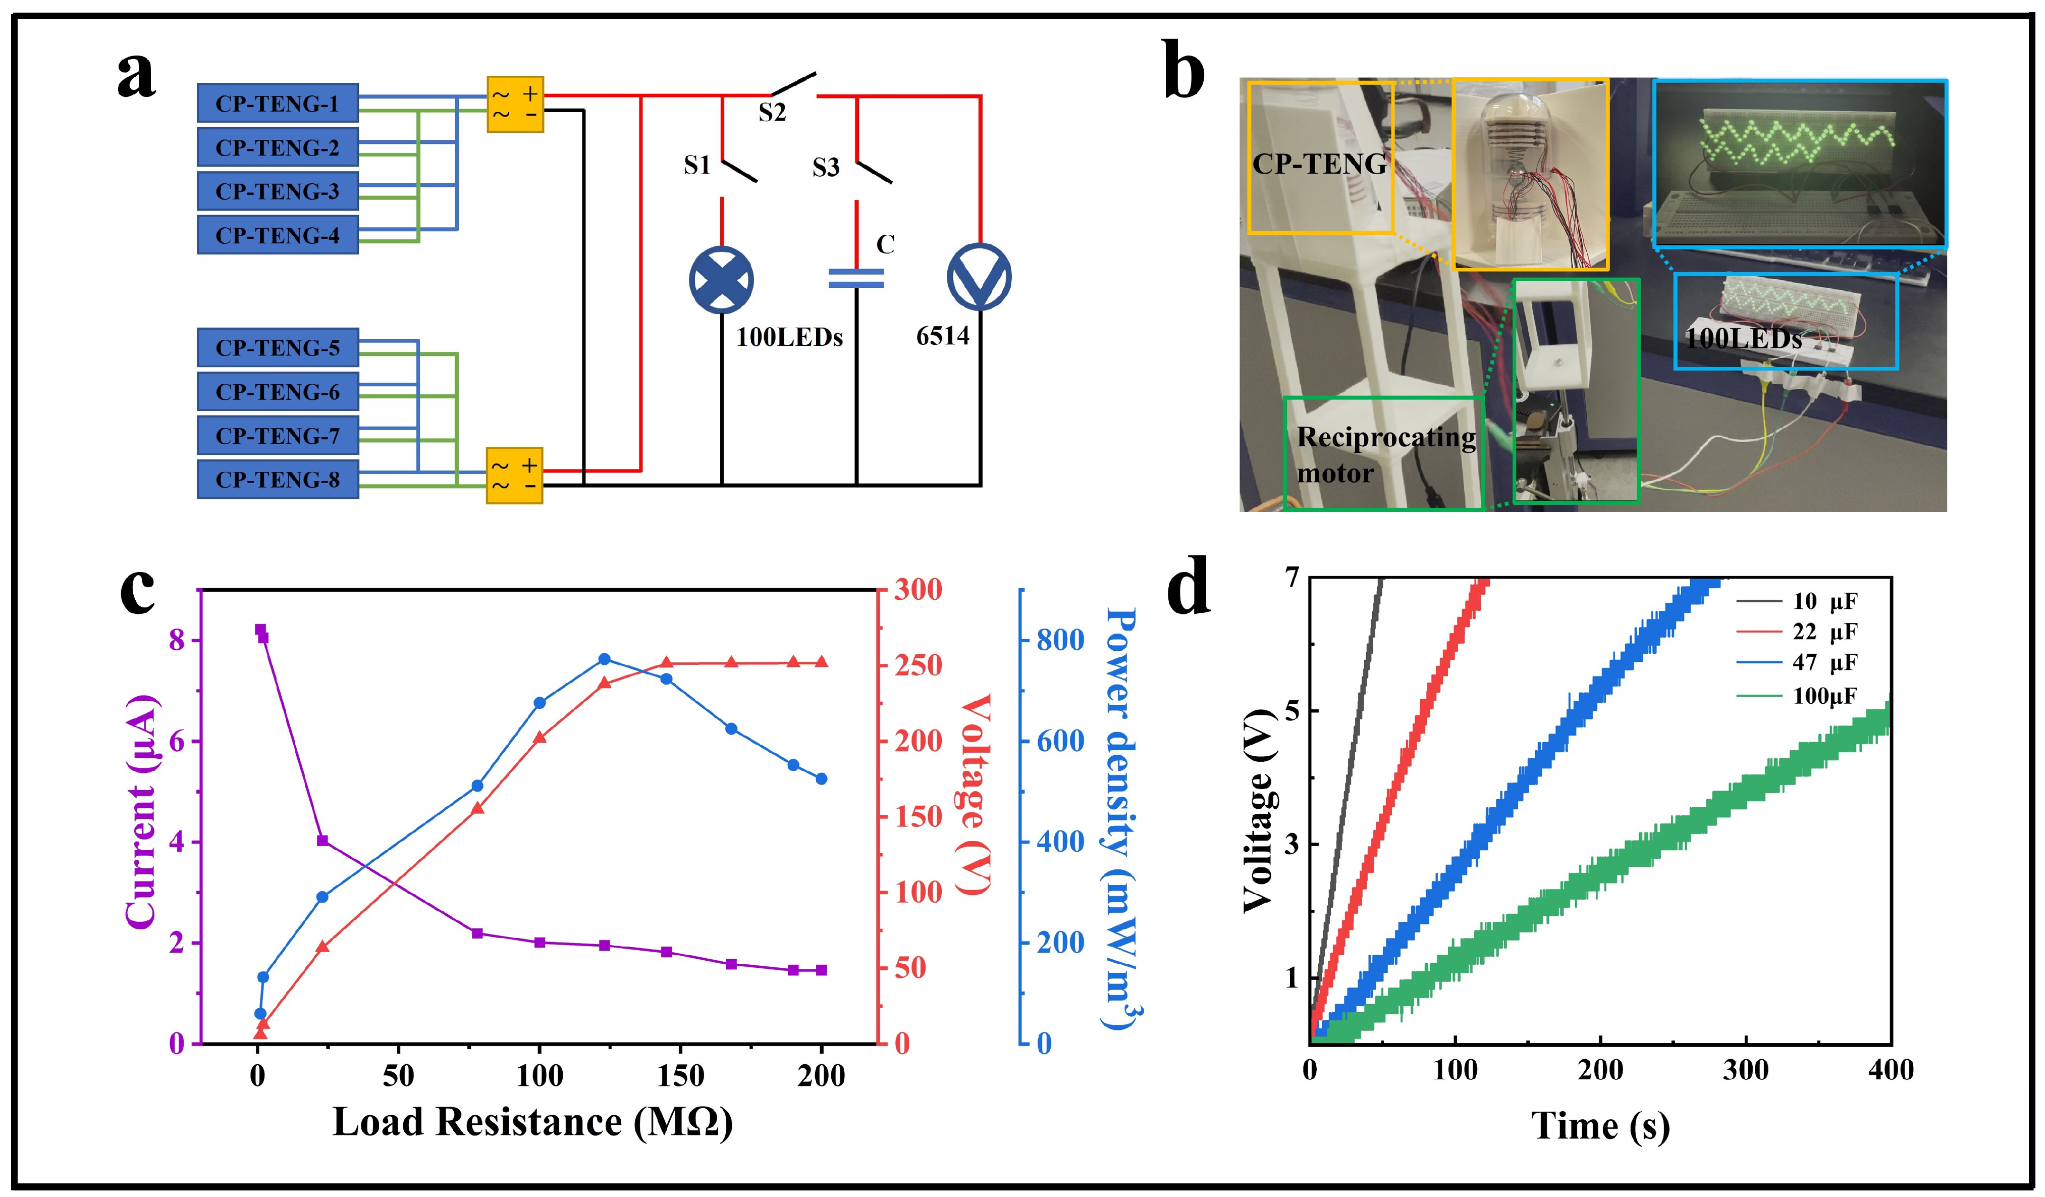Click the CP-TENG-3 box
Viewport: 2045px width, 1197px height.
pyautogui.click(x=278, y=191)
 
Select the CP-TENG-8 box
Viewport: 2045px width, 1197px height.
pyautogui.click(x=278, y=480)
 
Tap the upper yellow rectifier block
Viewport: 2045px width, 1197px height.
pyautogui.click(x=514, y=105)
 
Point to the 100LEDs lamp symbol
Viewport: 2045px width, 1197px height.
pyautogui.click(x=721, y=279)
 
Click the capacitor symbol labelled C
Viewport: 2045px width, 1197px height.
pyautogui.click(x=855, y=278)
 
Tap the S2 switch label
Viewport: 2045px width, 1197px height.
pyautogui.click(x=772, y=113)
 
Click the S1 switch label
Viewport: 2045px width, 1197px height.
pyautogui.click(x=696, y=166)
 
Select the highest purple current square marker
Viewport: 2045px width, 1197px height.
pyautogui.click(x=260, y=630)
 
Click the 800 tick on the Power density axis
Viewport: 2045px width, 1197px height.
pyautogui.click(x=1060, y=640)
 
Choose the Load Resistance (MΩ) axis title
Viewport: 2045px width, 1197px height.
pyautogui.click(x=532, y=1122)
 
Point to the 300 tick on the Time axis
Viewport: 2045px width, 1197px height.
pyautogui.click(x=1746, y=1070)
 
